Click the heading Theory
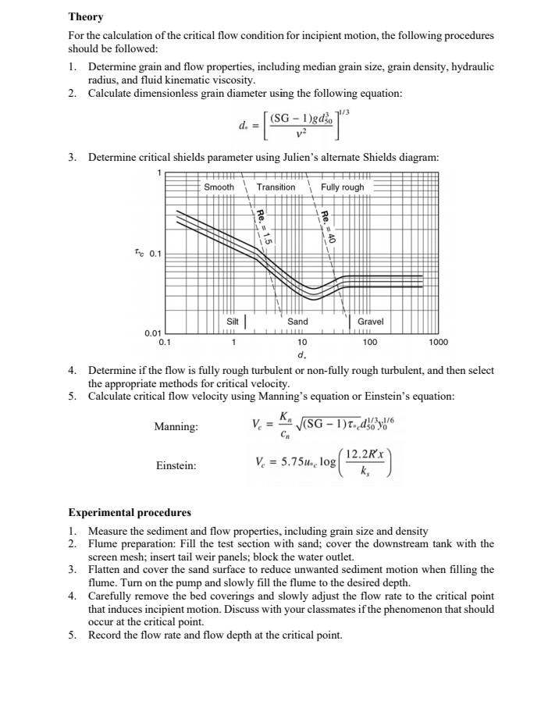point(85,16)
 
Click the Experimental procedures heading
point(129,513)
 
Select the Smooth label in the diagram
point(219,187)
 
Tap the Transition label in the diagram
point(276,187)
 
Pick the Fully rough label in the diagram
point(342,187)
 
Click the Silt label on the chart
point(233,322)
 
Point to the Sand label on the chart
point(297,322)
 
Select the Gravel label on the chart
point(370,322)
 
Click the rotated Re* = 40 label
point(328,227)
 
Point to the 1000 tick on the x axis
point(437,342)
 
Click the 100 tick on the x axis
point(370,342)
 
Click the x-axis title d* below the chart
point(301,355)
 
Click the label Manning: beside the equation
point(176,427)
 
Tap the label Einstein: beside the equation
point(176,466)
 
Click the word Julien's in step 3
point(273,157)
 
